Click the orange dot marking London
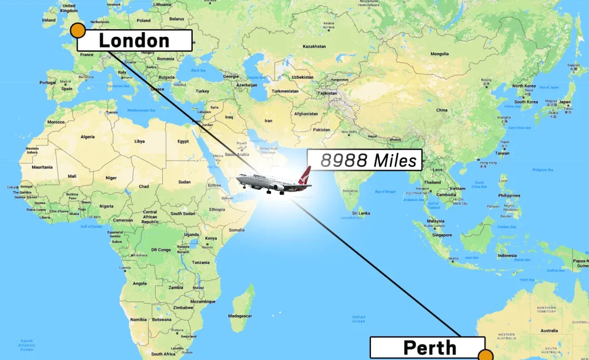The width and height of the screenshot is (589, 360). (78, 31)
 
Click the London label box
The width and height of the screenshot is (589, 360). (134, 40)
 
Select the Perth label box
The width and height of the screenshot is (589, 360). (430, 347)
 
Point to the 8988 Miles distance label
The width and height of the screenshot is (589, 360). (368, 160)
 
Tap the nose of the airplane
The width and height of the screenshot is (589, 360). (238, 179)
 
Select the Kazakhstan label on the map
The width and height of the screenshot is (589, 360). (314, 46)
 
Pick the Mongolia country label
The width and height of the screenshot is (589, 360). (439, 54)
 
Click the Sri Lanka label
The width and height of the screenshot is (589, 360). (361, 213)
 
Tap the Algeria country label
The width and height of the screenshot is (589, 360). (87, 137)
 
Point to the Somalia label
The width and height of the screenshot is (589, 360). (236, 229)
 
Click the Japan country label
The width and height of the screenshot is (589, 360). (565, 102)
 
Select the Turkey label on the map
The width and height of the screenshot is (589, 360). (202, 91)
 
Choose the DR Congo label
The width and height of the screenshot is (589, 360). (162, 249)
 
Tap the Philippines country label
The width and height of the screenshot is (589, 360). (509, 196)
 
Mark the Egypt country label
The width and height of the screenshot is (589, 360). (183, 141)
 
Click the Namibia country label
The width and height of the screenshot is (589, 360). (138, 319)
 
